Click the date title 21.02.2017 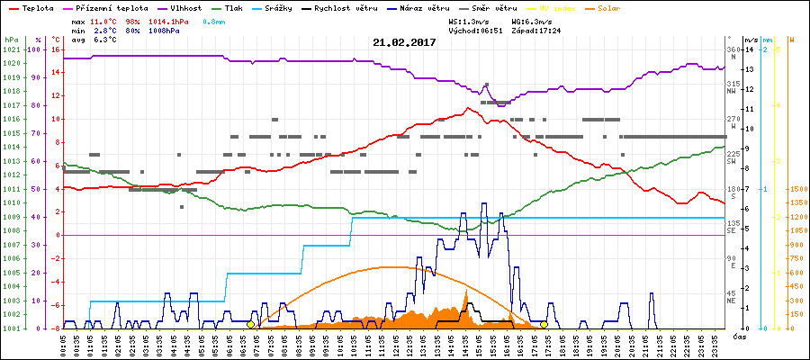tap(404, 42)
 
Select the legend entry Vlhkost tap(186, 7)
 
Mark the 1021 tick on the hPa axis tap(11, 49)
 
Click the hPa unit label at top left tap(11, 40)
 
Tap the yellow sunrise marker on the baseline tap(251, 324)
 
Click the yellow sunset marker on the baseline tap(544, 324)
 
